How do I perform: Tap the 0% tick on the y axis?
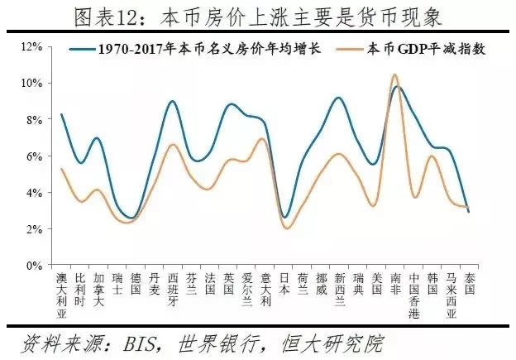34,266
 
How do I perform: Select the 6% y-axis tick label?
34,156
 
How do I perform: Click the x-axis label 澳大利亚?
61,296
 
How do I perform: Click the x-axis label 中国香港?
414,296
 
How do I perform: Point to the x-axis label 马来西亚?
451,296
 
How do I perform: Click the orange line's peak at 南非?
395,75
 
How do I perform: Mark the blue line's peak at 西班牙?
172,102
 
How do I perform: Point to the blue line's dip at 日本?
284,218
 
